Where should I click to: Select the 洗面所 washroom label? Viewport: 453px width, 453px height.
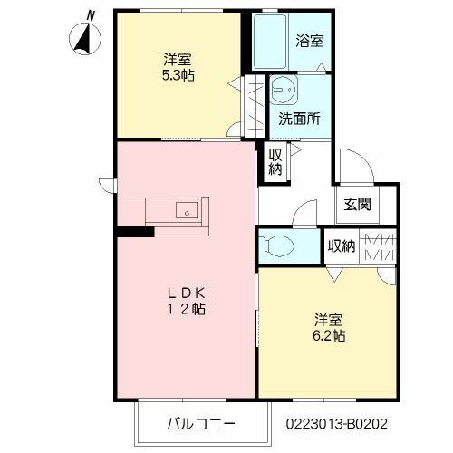[298, 119]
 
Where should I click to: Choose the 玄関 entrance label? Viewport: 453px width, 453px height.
[356, 205]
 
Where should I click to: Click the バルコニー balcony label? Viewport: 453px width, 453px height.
[200, 422]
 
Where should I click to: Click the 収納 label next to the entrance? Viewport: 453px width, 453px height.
[342, 245]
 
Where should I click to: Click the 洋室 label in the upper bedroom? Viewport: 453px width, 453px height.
[178, 60]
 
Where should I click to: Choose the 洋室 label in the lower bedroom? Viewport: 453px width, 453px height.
[329, 320]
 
